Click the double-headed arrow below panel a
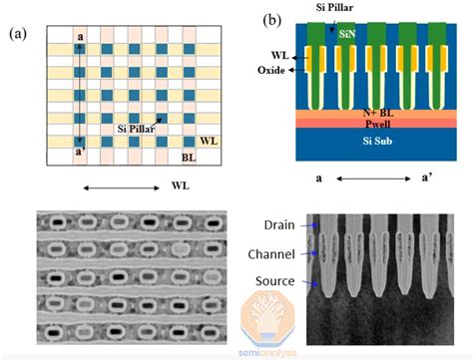117,185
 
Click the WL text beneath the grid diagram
180,185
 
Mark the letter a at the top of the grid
79,38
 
